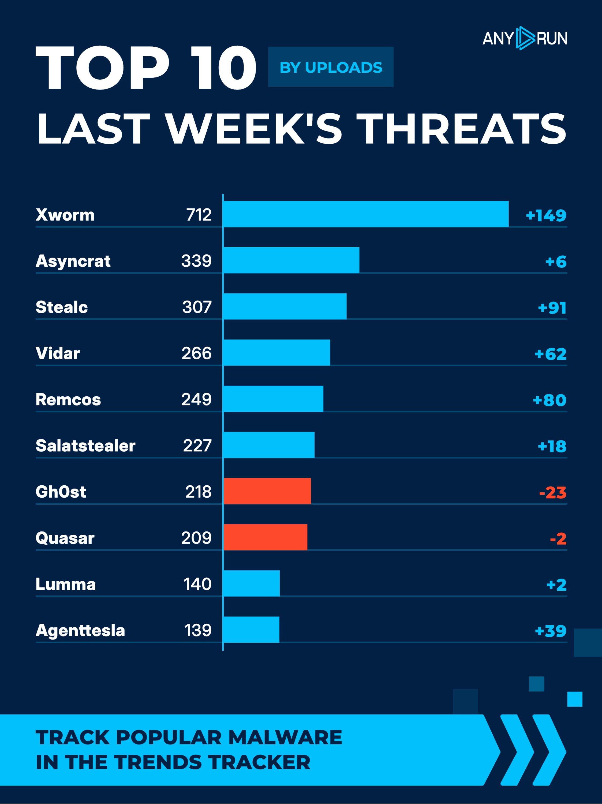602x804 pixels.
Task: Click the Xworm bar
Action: point(365,214)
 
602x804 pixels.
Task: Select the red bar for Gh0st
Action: point(267,491)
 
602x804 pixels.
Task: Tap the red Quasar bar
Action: point(265,537)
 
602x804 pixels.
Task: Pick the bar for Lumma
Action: point(251,583)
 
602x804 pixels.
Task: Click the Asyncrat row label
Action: point(73,261)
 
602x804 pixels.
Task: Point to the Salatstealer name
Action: point(85,446)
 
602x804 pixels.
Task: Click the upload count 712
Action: point(199,215)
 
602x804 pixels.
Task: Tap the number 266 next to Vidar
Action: point(197,353)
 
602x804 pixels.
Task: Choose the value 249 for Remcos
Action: point(197,400)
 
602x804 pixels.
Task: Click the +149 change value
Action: point(546,215)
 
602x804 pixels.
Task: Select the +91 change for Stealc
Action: point(552,308)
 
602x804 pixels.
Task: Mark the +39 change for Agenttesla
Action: point(550,631)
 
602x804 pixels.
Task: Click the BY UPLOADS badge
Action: point(331,67)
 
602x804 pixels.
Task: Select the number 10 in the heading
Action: point(223,68)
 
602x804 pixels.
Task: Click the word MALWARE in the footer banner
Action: point(285,738)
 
